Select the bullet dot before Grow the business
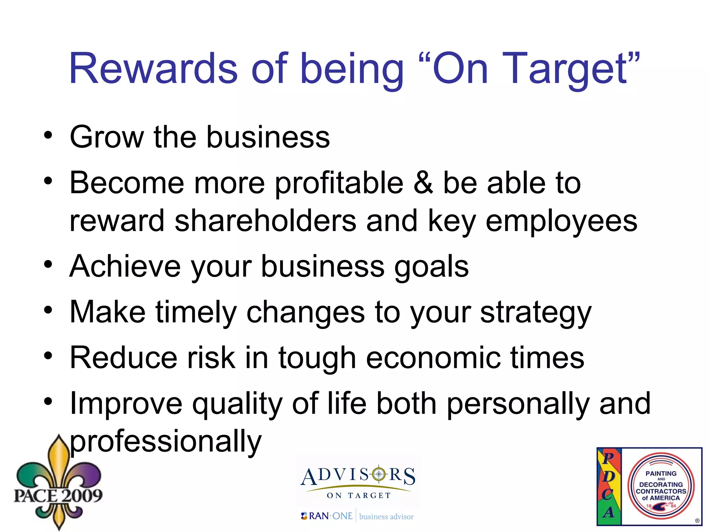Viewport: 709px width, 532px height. [48, 135]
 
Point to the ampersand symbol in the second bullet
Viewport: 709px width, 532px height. [423, 183]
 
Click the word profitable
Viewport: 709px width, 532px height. [339, 184]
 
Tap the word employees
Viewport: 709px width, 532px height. [561, 222]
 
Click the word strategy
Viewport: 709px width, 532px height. [536, 312]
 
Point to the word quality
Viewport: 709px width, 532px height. [237, 404]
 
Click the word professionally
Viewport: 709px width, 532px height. [165, 442]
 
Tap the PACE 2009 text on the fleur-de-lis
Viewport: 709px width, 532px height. [58, 495]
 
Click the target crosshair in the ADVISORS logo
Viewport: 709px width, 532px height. [379, 474]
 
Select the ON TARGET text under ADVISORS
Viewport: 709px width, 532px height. [359, 495]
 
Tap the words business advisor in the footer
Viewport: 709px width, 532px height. [386, 517]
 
